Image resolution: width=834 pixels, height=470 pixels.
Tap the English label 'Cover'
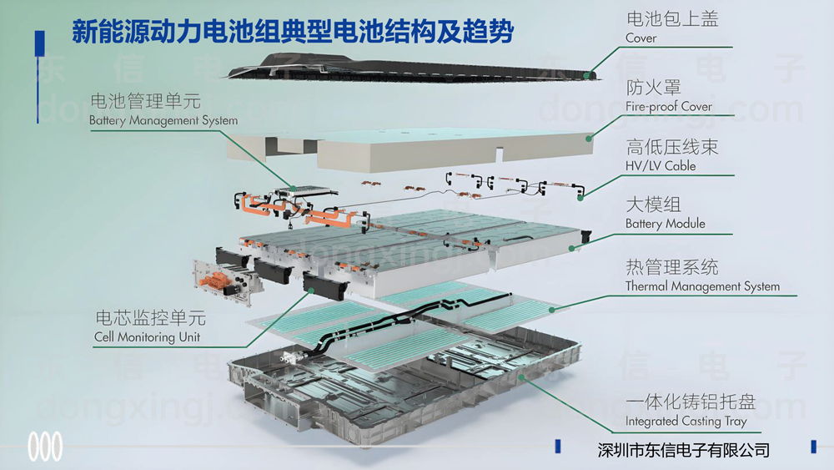pos(641,38)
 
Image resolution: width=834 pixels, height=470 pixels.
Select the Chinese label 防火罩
pos(653,88)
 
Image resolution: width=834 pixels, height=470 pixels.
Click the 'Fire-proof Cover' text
pos(669,106)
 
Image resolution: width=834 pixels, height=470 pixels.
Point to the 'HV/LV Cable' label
pos(661,165)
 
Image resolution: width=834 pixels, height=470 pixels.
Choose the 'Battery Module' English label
pos(665,224)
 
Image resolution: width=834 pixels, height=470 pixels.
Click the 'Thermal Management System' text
pos(702,286)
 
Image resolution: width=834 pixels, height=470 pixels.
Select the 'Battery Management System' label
pos(163,120)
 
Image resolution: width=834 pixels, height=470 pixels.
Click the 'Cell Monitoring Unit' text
pos(147,337)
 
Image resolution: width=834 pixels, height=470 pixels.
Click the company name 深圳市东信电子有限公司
pos(684,450)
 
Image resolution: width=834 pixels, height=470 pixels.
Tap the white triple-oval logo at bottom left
pos(45,447)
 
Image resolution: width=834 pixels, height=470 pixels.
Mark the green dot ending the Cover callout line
pos(589,75)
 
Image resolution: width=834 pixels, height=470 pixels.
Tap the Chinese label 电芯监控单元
pos(150,319)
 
